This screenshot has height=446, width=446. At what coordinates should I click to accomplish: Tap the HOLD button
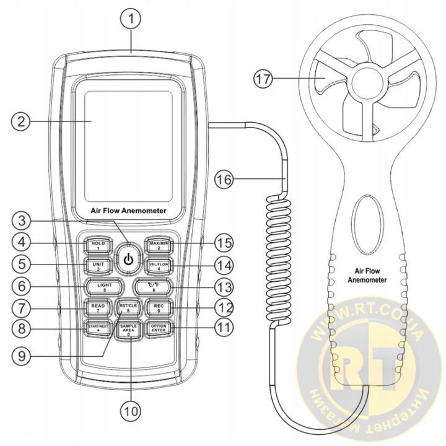(98, 245)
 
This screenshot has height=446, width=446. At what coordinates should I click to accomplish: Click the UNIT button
(98, 266)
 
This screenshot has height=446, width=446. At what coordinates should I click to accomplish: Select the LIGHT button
(104, 286)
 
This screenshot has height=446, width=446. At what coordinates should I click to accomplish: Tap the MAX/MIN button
(159, 245)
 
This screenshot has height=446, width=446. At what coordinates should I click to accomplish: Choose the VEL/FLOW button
(159, 266)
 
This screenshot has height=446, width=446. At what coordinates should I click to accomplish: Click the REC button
(159, 307)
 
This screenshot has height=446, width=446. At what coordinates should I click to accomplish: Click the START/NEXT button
(98, 329)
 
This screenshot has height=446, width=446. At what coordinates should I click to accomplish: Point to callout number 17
(264, 78)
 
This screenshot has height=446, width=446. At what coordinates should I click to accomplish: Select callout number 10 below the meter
(131, 409)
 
